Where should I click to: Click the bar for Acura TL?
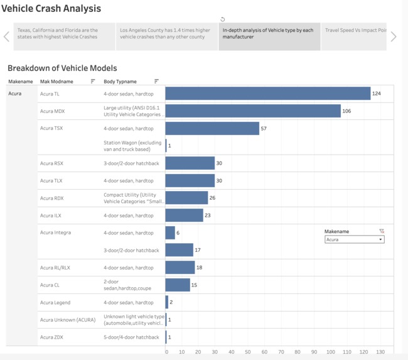(267, 94)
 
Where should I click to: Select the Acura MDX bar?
(253, 111)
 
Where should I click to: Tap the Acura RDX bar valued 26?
(186, 198)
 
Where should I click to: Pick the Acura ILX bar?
(184, 215)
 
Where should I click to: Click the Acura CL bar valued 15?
(178, 285)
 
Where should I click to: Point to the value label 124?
(377, 94)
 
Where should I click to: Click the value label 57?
(264, 129)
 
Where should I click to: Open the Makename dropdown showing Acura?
(354, 239)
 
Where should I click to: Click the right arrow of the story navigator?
(394, 36)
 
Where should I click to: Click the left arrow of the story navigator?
(6, 36)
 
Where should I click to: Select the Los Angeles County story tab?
(166, 36)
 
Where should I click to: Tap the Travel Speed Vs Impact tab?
(355, 30)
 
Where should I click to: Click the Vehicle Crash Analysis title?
(51, 9)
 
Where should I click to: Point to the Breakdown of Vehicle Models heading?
(62, 68)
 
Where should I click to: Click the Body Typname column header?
(120, 82)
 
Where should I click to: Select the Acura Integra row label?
(55, 232)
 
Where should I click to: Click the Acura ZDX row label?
(51, 337)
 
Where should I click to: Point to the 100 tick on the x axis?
(330, 352)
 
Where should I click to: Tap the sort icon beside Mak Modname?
(93, 82)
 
